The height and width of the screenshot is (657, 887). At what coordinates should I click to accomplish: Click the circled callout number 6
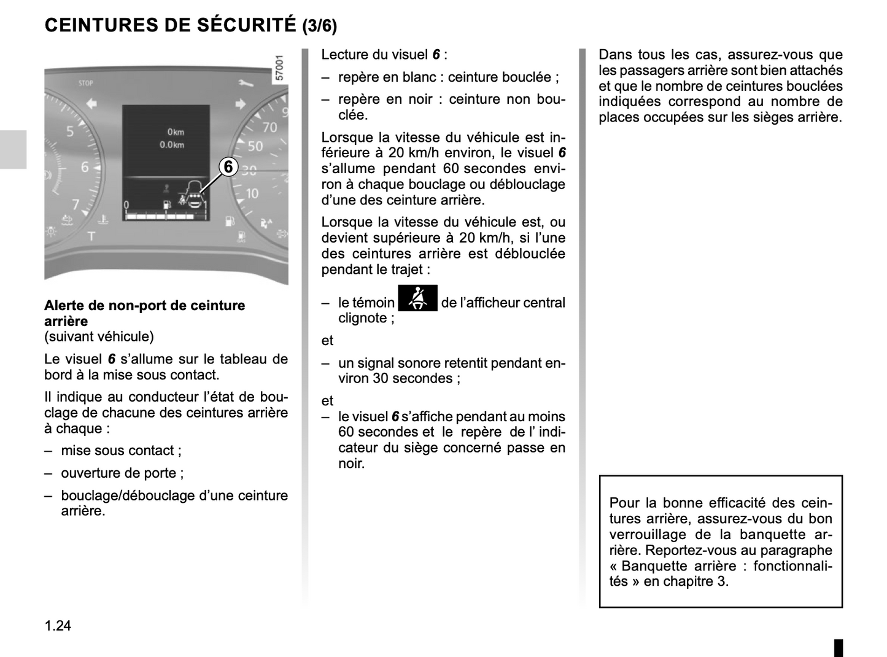tap(228, 166)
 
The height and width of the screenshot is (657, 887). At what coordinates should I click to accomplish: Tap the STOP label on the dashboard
tap(86, 83)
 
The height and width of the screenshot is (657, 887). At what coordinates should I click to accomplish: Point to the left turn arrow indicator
tap(91, 103)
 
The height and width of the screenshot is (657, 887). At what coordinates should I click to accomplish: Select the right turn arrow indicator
tap(240, 103)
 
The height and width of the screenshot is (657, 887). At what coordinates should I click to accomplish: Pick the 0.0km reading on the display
tap(171, 145)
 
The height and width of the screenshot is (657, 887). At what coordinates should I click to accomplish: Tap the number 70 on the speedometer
tap(269, 128)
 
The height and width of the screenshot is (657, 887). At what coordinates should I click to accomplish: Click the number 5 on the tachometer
tap(70, 131)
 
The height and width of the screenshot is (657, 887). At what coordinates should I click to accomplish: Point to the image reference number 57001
tap(280, 68)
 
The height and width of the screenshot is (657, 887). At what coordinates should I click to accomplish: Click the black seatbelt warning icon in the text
tap(417, 298)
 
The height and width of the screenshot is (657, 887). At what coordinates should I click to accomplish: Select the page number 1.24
tap(58, 625)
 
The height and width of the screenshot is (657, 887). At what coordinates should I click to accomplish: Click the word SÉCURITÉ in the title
tap(247, 25)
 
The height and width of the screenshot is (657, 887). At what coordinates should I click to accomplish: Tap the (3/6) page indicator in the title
tap(319, 26)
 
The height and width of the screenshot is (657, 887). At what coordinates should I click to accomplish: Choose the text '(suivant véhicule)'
tap(99, 336)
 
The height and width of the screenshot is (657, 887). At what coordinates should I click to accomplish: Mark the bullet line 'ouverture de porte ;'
tap(122, 473)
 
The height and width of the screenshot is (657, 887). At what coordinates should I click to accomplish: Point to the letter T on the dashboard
tap(91, 236)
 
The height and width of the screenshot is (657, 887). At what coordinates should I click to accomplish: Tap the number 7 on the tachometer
tap(76, 204)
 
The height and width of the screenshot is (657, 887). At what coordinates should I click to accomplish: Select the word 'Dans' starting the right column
tap(614, 55)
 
